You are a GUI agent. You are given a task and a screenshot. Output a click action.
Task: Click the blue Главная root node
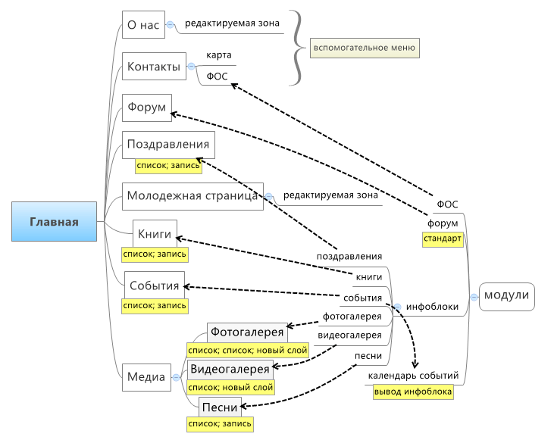pos(54,221)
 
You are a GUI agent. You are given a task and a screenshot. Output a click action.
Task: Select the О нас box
pos(143,24)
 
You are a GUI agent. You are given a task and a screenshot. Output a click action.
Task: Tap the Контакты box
pos(154,66)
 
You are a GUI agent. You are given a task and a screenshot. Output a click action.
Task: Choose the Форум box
pos(147,108)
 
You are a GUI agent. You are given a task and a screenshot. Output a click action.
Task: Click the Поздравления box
pos(168,145)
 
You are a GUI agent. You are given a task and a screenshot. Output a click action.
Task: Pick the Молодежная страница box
pos(193,196)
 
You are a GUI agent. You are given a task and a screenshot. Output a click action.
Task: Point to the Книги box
pos(155,233)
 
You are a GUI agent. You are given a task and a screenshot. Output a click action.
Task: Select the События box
pos(155,285)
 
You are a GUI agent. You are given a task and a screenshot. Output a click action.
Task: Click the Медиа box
pos(146,377)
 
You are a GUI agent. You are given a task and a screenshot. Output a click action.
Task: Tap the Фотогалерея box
pos(247,332)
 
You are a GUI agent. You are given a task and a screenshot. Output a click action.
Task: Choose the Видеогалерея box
pos(230,370)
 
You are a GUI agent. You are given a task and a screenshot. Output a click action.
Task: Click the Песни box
pos(220,407)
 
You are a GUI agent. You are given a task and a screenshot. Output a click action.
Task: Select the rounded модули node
pos(507,297)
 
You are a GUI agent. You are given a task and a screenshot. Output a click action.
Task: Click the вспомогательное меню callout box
pos(365,48)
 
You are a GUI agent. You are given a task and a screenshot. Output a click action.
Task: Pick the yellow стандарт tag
pos(443,239)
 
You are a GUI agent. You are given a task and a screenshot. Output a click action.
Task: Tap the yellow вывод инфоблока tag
pos(413,392)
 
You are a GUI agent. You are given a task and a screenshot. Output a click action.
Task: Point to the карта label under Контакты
pos(219,55)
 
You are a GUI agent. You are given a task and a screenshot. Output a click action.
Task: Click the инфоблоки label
pos(432,307)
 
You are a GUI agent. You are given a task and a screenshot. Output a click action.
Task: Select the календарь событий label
pos(413,376)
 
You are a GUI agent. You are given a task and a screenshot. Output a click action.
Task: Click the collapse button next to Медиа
pos(176,377)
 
